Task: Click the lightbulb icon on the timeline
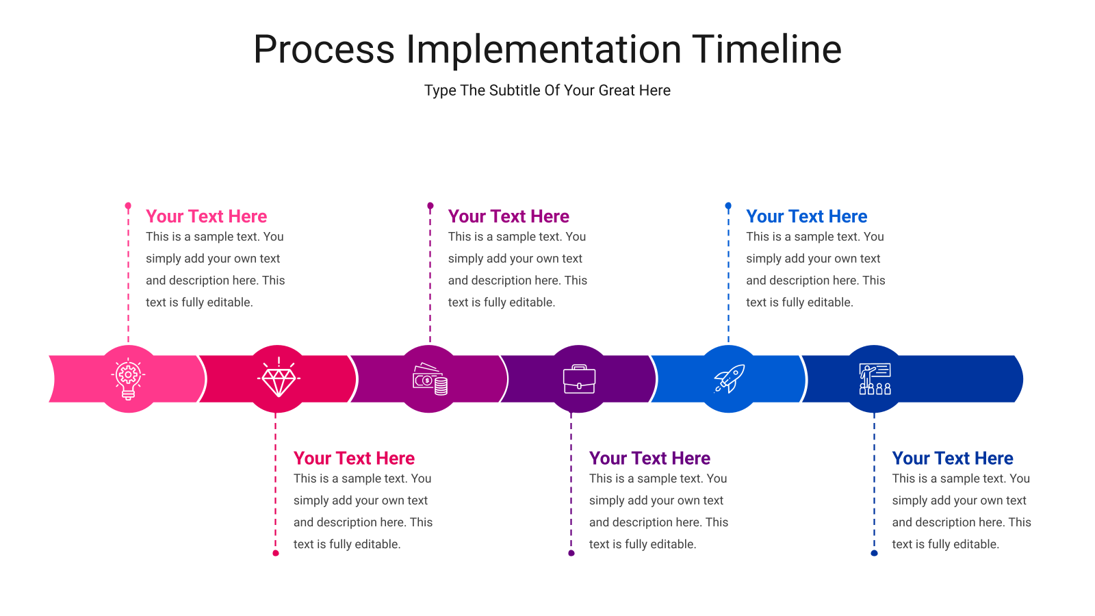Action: pos(128,379)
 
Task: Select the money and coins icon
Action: pos(430,379)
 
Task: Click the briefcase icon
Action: pos(579,379)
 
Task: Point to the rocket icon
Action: pos(729,378)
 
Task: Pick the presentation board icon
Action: pos(875,379)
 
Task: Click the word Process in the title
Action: pos(324,50)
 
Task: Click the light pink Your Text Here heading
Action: pos(206,216)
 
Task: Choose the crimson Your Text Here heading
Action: pos(354,458)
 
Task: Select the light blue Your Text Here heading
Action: pos(807,216)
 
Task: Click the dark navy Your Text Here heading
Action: pos(953,458)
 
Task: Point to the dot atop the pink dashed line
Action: pos(128,206)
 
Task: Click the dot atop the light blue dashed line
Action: pos(728,206)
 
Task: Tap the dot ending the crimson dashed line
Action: pos(276,554)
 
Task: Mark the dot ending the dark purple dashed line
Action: pos(571,554)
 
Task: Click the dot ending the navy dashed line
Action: pos(875,554)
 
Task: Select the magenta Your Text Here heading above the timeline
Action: pos(509,216)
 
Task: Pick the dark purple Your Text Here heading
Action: pos(649,458)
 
